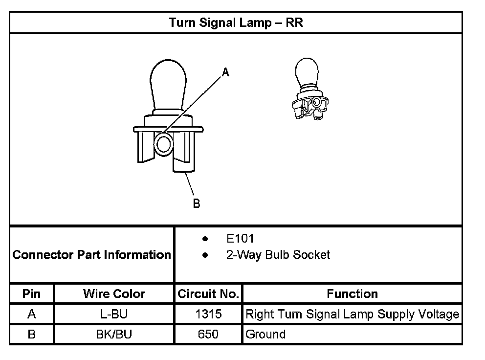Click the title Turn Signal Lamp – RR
tap(236, 23)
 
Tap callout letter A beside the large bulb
tap(225, 72)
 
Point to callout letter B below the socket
tap(197, 203)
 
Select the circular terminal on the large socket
tap(163, 144)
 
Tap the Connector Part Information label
tap(92, 255)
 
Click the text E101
tap(240, 239)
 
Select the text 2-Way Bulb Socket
tap(278, 255)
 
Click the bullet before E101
tap(205, 239)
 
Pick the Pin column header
tap(32, 294)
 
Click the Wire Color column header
tap(114, 294)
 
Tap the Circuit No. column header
tap(208, 294)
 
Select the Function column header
tap(352, 294)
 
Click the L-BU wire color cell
tap(114, 314)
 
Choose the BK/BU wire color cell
tap(114, 335)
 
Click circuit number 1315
tap(208, 314)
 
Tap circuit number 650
tap(208, 335)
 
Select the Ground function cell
tap(265, 335)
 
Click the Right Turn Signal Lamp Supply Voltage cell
tap(352, 314)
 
